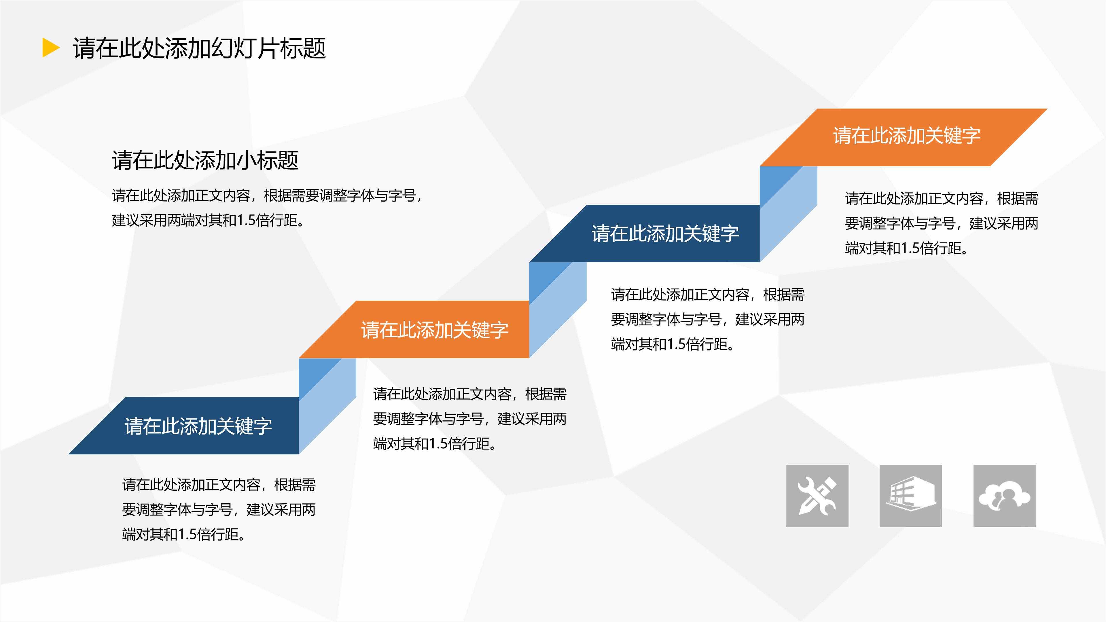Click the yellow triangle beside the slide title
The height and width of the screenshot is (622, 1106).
pyautogui.click(x=50, y=48)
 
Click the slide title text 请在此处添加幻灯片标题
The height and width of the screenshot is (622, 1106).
pyautogui.click(x=199, y=48)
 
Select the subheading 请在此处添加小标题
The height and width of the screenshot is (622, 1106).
pyautogui.click(x=205, y=161)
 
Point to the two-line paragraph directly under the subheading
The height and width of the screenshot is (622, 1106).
pyautogui.click(x=266, y=208)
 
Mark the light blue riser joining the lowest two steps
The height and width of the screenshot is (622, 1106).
pyautogui.click(x=327, y=403)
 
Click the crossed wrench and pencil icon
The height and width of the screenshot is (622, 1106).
pyautogui.click(x=817, y=496)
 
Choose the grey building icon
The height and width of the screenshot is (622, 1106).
pyautogui.click(x=911, y=496)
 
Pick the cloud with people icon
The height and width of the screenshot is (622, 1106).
pyautogui.click(x=1004, y=496)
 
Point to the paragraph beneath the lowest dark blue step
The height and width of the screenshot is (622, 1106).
pyautogui.click(x=219, y=509)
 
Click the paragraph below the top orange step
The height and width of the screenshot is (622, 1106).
pyautogui.click(x=941, y=223)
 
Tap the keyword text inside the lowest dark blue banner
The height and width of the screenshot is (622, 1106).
pyautogui.click(x=198, y=426)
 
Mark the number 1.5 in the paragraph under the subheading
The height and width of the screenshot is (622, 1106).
pyautogui.click(x=246, y=221)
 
